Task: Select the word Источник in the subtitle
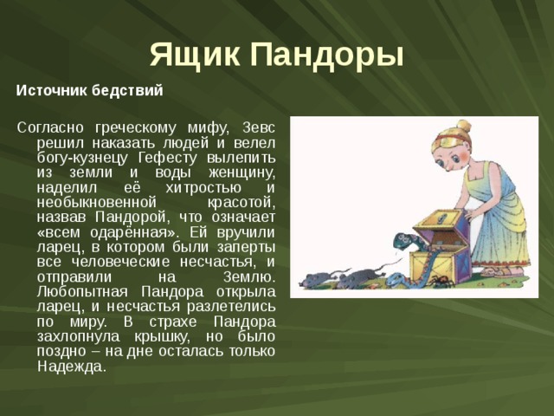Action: click(50, 90)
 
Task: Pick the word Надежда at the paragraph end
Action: click(72, 367)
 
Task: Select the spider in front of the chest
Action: click(441, 283)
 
